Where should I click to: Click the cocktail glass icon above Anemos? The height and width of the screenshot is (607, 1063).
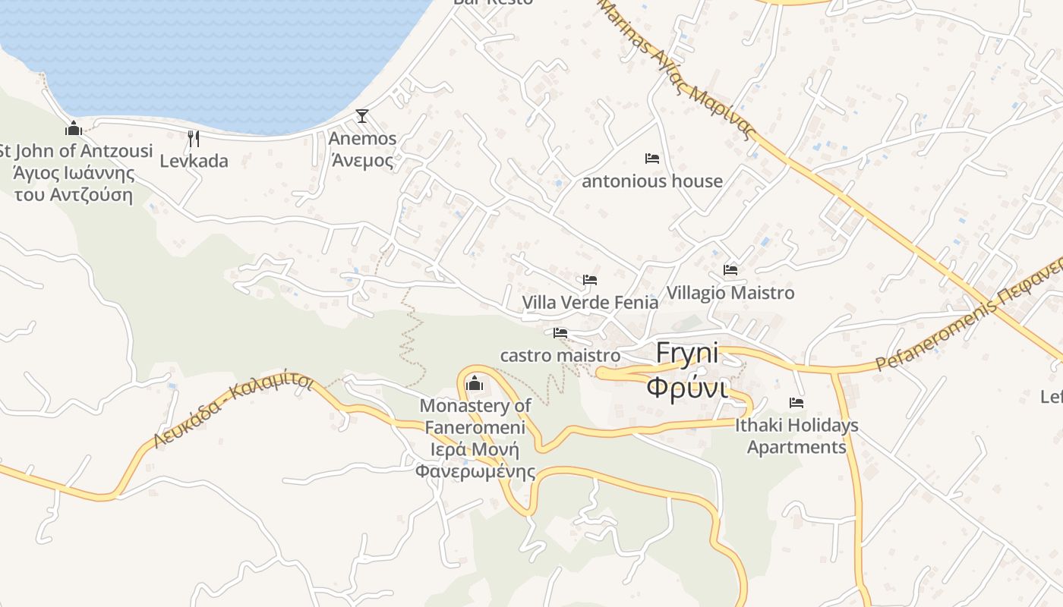[x=362, y=116]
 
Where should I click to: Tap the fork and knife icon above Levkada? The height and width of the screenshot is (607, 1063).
[x=194, y=138]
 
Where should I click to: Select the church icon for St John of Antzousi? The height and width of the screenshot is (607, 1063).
[x=74, y=128]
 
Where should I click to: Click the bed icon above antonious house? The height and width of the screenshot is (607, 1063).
[x=651, y=159]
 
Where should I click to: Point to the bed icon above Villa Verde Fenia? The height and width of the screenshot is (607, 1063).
[x=590, y=280]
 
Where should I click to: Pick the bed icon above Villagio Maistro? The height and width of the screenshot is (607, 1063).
[x=730, y=269]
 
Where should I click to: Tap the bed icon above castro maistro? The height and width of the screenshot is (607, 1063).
[x=560, y=333]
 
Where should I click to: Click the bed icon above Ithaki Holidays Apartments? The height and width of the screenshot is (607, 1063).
[x=796, y=403]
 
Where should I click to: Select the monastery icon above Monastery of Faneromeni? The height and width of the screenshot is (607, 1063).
[x=475, y=383]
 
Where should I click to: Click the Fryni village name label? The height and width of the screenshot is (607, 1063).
[x=686, y=354]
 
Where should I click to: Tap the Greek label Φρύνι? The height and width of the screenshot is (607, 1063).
[x=686, y=387]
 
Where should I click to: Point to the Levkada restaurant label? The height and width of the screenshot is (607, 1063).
[x=194, y=161]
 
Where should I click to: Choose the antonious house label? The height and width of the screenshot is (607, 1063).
[x=651, y=181]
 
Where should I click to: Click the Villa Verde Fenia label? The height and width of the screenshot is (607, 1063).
[x=590, y=303]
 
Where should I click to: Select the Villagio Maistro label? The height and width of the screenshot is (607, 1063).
[x=730, y=293]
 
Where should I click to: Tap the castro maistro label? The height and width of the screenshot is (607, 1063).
[x=560, y=355]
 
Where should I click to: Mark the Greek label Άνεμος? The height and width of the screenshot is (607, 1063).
[x=362, y=161]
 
